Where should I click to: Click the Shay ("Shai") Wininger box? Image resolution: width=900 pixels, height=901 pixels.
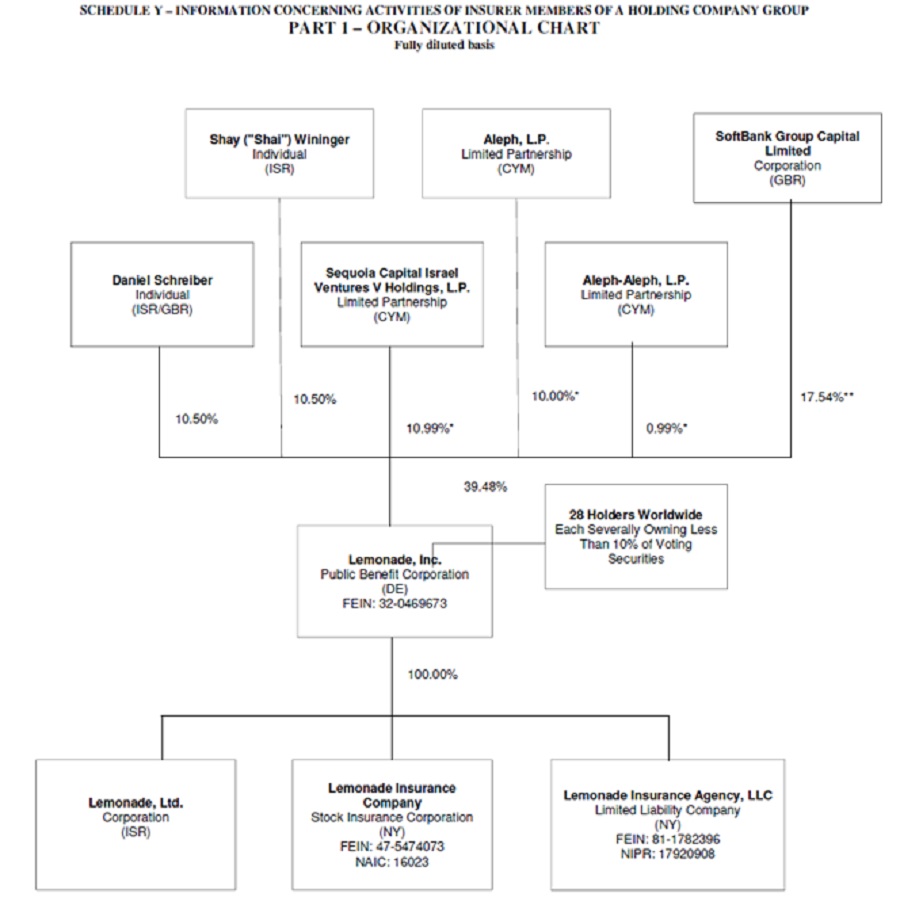[279, 153]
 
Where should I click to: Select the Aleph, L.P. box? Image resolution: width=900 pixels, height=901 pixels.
[516, 153]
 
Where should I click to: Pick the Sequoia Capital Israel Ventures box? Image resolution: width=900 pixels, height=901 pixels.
[391, 294]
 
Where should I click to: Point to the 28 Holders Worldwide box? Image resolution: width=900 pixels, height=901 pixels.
[636, 536]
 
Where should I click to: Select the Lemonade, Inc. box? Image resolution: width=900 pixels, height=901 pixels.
[394, 581]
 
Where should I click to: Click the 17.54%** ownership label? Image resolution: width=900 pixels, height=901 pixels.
[826, 397]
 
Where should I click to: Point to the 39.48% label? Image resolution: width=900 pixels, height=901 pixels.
[485, 487]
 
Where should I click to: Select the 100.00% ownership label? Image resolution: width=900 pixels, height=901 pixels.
[432, 674]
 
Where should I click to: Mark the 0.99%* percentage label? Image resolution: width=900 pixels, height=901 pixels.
[667, 428]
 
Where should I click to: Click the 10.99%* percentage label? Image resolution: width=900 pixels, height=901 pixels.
[430, 428]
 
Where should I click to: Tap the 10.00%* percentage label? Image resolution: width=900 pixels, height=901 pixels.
[555, 396]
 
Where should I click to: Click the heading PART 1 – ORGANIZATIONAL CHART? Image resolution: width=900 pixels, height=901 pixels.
[444, 28]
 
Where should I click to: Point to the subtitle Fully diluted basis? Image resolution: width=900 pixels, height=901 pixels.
[445, 45]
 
